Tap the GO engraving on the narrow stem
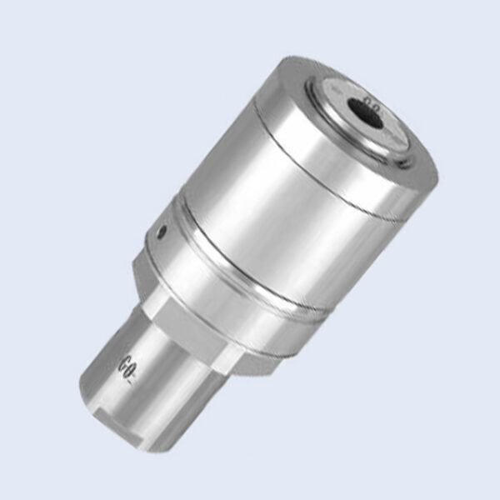pyautogui.click(x=132, y=365)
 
